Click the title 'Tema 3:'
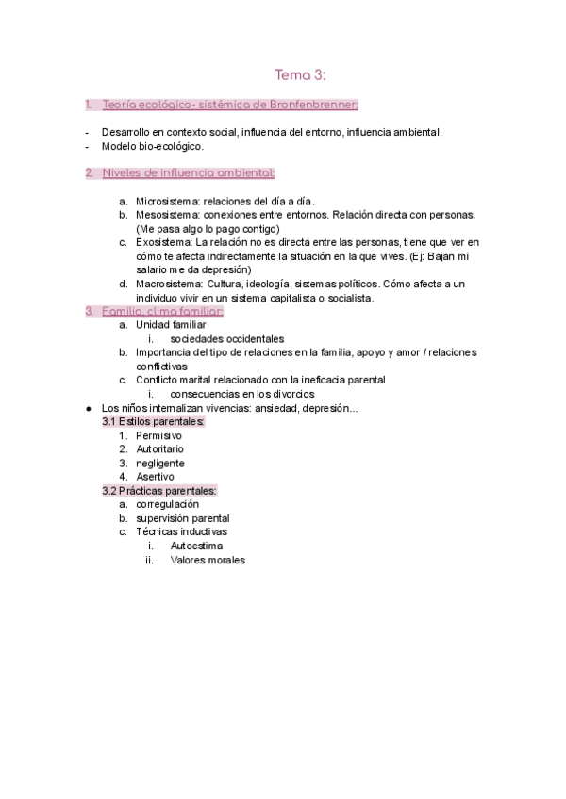pyautogui.click(x=300, y=74)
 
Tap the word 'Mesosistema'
pyautogui.click(x=166, y=215)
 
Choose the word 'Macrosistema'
pyautogui.click(x=169, y=284)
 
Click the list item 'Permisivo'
pyautogui.click(x=158, y=436)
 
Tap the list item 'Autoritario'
pyautogui.click(x=159, y=449)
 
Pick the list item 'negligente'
pyautogui.click(x=160, y=463)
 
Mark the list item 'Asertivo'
pyautogui.click(x=155, y=477)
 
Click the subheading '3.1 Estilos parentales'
pyautogui.click(x=153, y=421)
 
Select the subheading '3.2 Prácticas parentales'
pyautogui.click(x=159, y=491)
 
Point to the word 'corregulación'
pyautogui.click(x=167, y=504)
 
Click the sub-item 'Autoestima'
pyautogui.click(x=196, y=546)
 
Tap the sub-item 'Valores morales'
pyautogui.click(x=208, y=560)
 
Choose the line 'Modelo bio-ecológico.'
pyautogui.click(x=152, y=146)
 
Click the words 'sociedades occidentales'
pyautogui.click(x=227, y=338)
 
